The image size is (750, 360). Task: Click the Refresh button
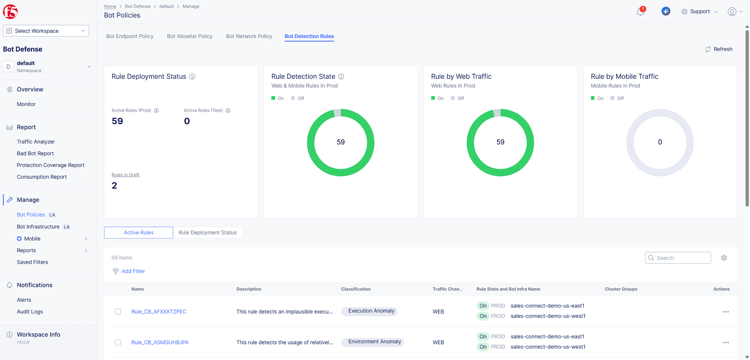click(x=719, y=49)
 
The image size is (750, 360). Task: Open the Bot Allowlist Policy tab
click(x=189, y=36)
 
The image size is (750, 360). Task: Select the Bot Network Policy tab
click(x=249, y=36)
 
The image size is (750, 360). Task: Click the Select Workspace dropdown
click(x=46, y=31)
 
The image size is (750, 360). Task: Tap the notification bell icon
click(x=640, y=12)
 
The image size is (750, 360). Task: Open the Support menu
click(x=699, y=12)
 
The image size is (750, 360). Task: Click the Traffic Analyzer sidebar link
click(x=36, y=142)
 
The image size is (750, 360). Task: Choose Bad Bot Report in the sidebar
click(x=35, y=153)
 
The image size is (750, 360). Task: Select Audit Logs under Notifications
click(x=30, y=312)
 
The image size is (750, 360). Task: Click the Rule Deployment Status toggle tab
click(x=207, y=232)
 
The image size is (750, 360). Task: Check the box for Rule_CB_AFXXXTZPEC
click(x=118, y=312)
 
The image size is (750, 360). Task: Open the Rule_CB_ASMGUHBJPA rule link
click(x=160, y=343)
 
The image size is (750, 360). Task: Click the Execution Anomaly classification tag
click(x=371, y=311)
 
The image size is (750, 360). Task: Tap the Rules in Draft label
click(x=125, y=175)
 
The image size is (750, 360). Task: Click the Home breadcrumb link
click(x=110, y=7)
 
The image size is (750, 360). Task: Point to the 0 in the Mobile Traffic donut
click(x=660, y=142)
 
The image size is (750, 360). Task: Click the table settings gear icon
click(x=724, y=258)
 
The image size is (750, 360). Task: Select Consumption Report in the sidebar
click(x=42, y=177)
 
